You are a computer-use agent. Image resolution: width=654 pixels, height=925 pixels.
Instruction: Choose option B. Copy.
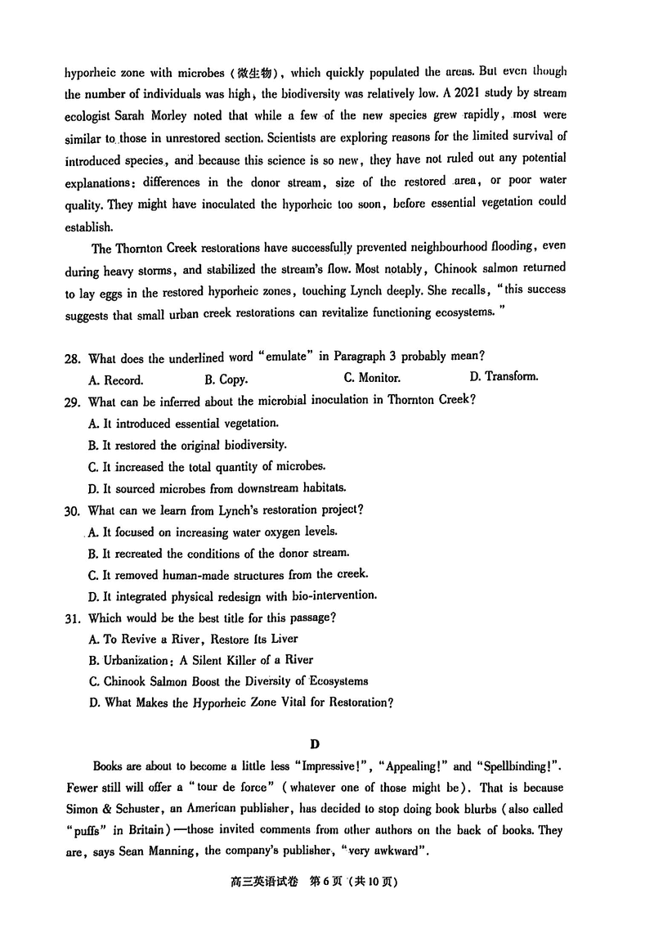coord(226,379)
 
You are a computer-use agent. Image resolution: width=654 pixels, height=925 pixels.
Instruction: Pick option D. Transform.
coord(504,377)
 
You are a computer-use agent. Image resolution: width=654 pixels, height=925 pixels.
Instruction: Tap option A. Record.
coord(115,379)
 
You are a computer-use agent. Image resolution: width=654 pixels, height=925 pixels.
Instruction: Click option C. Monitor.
coord(372,378)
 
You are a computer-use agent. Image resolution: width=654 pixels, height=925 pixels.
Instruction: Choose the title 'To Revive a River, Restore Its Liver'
coord(193,638)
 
